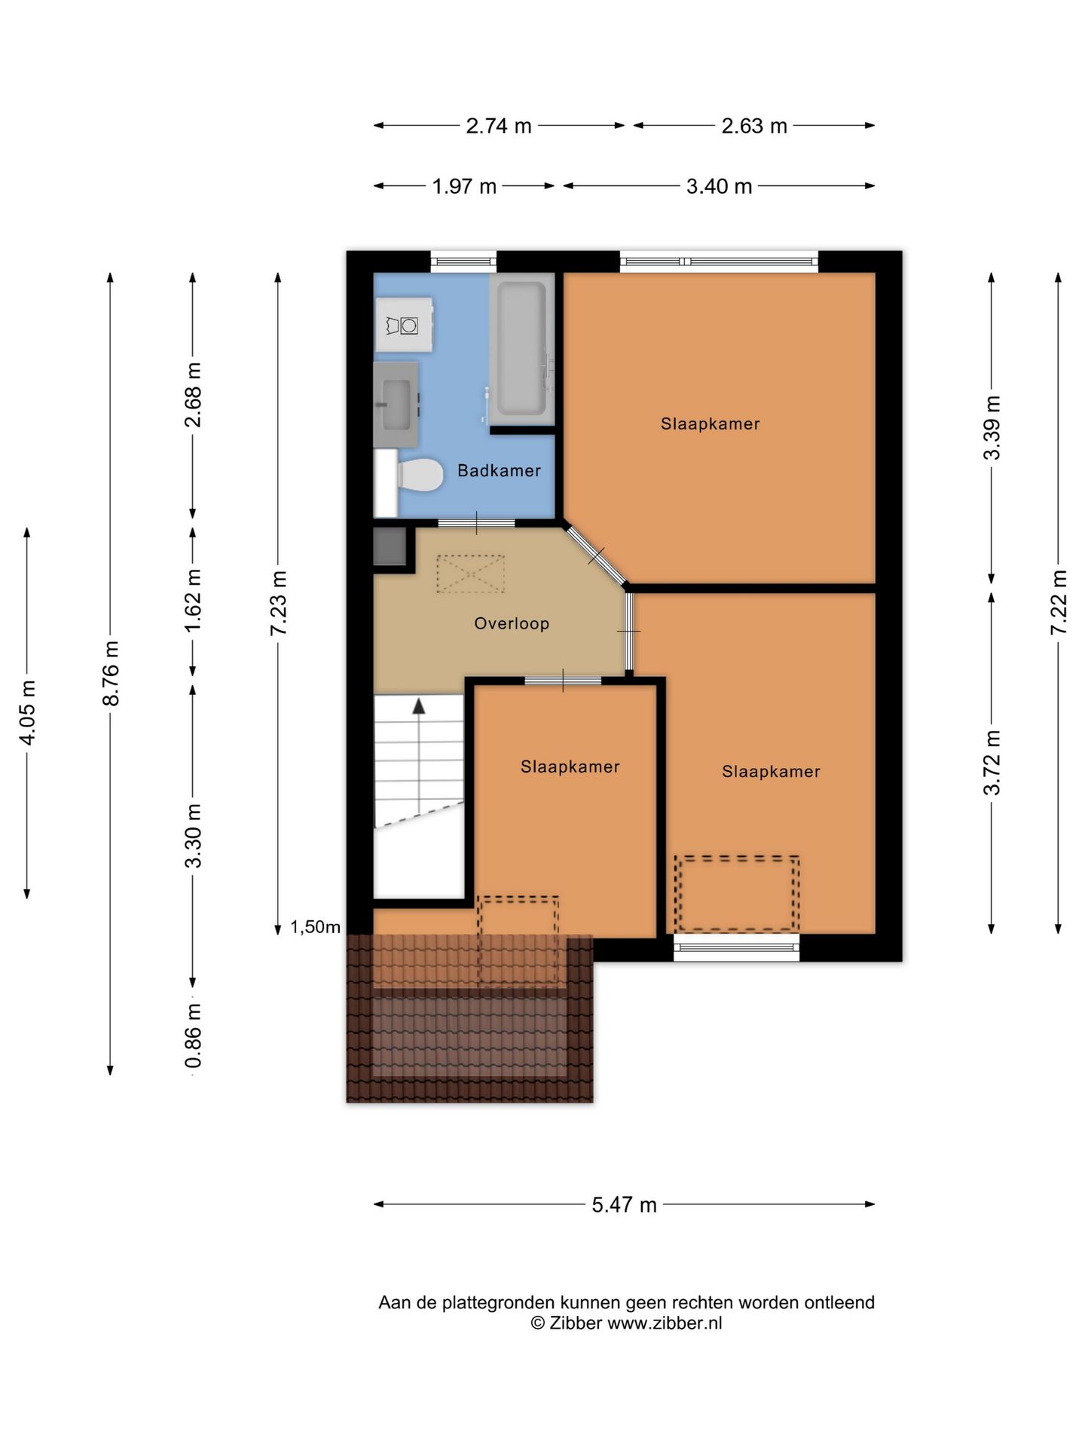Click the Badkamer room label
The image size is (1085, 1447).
pos(499,470)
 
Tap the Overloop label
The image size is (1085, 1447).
pos(512,623)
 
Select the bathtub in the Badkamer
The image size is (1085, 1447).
pos(521,348)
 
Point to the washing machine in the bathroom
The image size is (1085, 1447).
pos(405,325)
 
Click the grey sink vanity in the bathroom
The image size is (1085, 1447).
pos(396,405)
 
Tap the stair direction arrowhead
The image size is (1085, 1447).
pos(418,705)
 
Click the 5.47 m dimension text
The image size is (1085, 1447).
pos(624,1204)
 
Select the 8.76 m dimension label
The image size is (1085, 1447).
pos(111,673)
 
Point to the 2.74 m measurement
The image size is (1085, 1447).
pos(499,126)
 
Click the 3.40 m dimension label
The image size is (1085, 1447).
pos(719,186)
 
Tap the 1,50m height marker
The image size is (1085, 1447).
pos(316,927)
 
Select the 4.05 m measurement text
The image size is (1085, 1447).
pos(28,712)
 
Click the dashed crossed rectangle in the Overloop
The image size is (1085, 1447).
pos(470,574)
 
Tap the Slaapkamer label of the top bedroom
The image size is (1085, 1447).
pos(710,424)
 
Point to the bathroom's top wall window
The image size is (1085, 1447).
pos(463,262)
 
